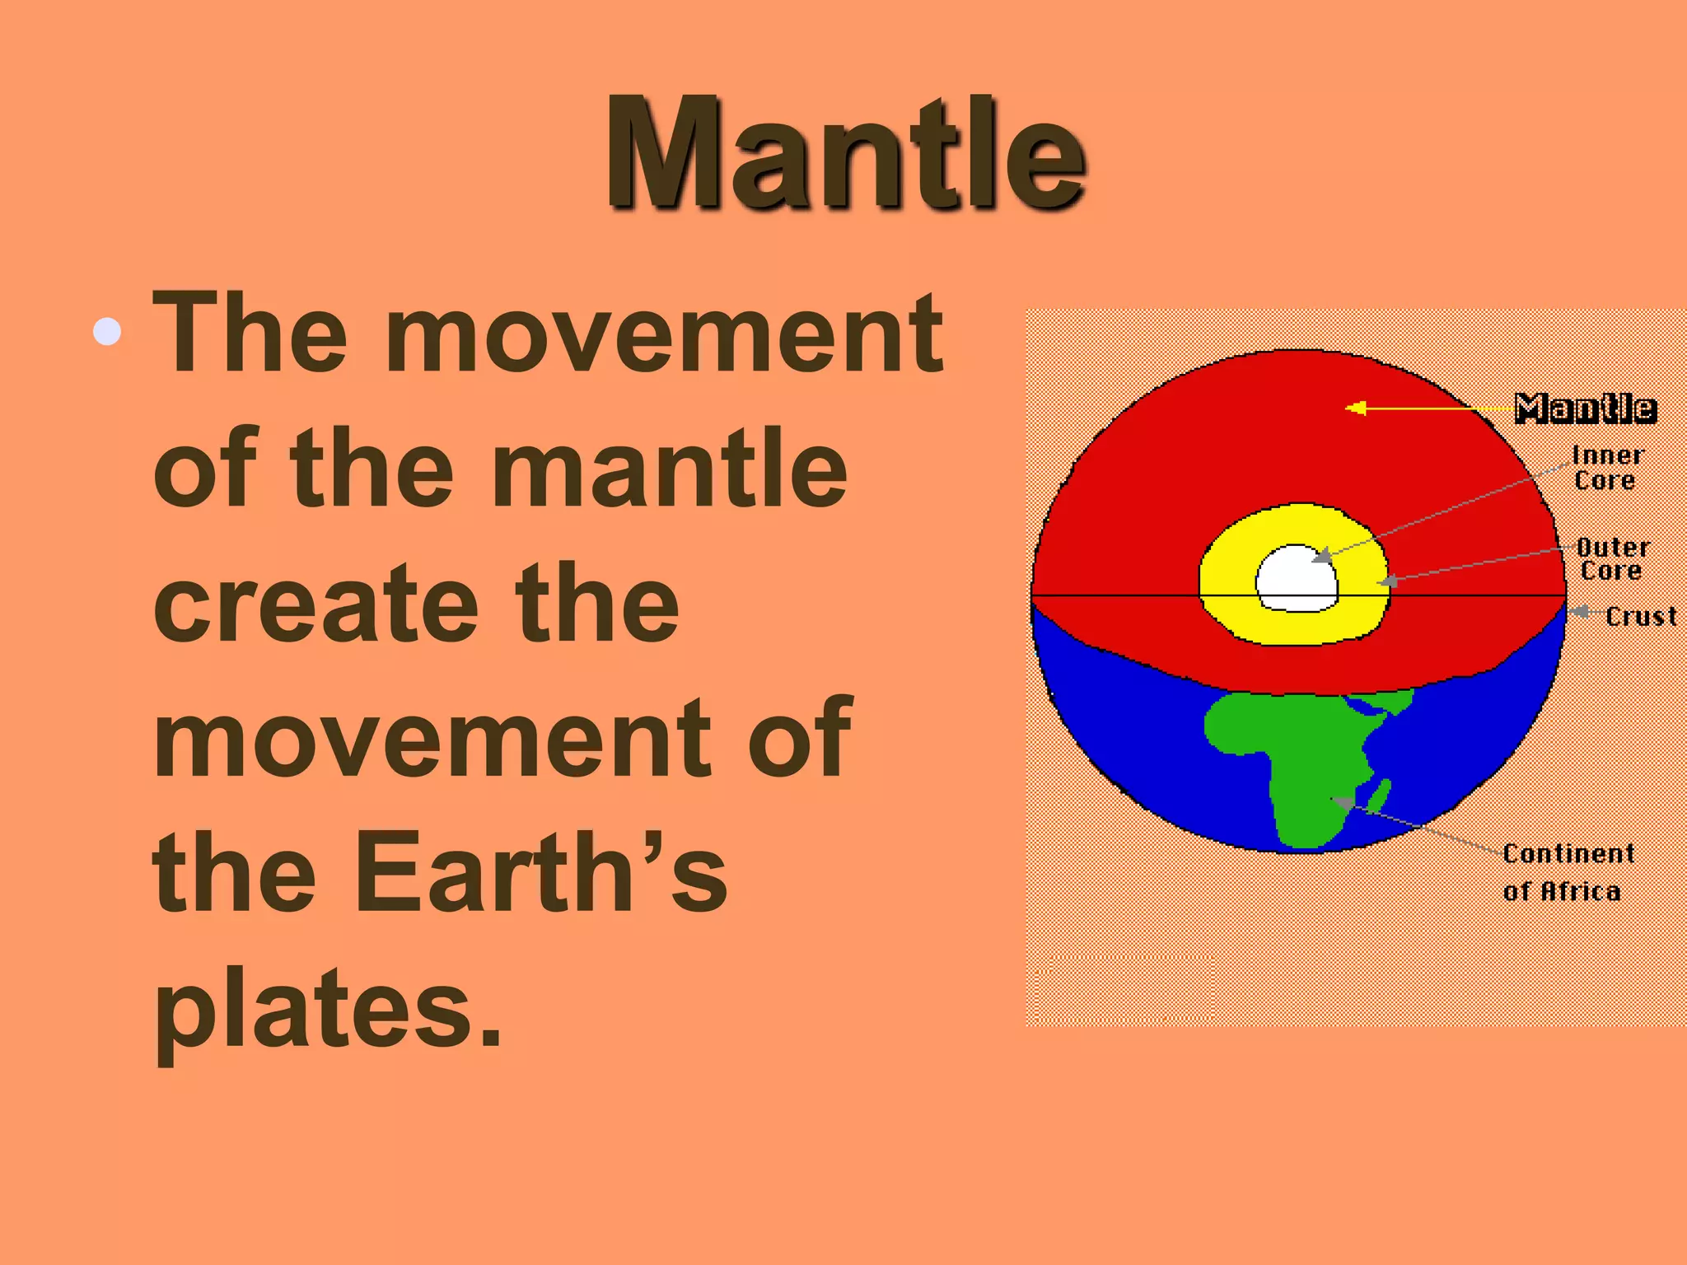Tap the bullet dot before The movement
(108, 332)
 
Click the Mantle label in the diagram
(1585, 408)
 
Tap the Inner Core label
(1606, 467)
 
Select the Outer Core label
(1612, 558)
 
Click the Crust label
(1640, 616)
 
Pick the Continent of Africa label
(1567, 871)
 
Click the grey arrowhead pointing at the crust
(1577, 612)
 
